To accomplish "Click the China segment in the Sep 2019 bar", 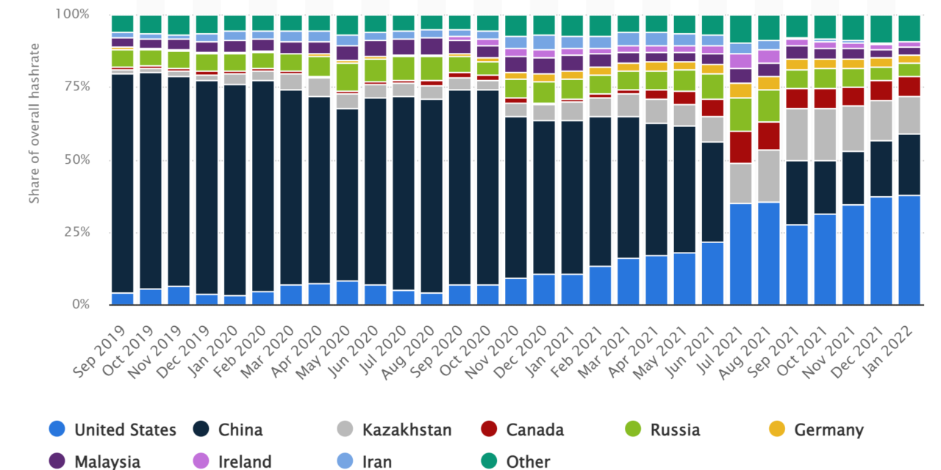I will (123, 184).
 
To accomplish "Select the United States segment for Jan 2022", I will (909, 250).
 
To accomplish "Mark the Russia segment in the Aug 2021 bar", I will (769, 106).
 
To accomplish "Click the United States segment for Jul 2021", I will (740, 253).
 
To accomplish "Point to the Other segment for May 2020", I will (347, 24).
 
